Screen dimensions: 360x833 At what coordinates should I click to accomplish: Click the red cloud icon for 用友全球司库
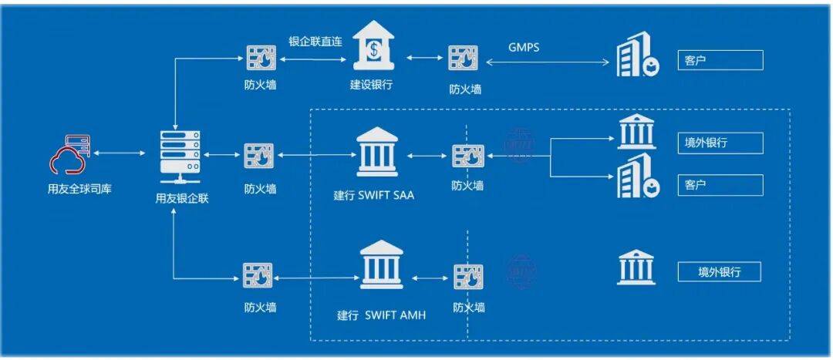69,156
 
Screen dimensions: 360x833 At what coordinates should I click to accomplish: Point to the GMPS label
524,47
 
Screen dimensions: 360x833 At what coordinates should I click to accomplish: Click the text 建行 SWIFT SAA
374,195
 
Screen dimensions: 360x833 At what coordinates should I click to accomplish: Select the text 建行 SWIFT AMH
381,315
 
